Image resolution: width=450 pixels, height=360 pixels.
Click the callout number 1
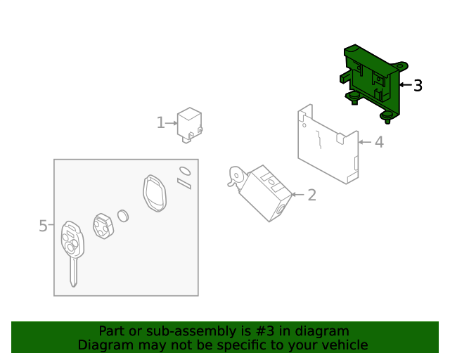160,123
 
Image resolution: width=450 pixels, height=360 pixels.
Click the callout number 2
311,195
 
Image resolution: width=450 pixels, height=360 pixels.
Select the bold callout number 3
418,86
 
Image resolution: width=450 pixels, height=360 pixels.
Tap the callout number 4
379,143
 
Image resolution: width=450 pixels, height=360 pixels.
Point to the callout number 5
43,226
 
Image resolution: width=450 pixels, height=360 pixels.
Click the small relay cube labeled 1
190,124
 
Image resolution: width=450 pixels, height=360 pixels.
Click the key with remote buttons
72,243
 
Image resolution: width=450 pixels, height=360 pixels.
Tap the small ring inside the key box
122,215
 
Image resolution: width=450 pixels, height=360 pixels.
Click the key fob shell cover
155,193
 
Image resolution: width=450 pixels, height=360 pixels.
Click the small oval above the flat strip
184,171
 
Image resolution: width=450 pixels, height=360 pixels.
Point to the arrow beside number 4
364,143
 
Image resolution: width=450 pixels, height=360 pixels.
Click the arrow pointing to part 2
297,195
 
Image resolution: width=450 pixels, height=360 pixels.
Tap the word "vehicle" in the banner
344,345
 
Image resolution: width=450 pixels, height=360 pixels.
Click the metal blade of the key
73,273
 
